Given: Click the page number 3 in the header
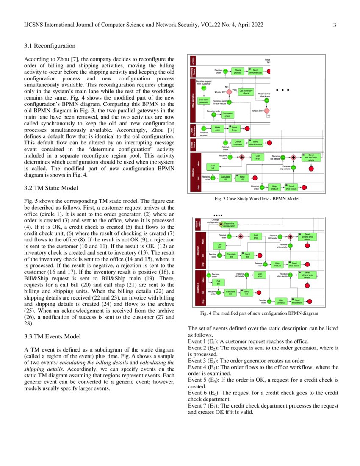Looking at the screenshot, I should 335,25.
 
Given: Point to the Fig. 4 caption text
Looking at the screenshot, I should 258,313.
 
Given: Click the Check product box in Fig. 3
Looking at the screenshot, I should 238,72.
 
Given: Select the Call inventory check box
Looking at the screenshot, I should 246,91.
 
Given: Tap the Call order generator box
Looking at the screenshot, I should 204,101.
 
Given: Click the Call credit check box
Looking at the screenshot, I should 229,115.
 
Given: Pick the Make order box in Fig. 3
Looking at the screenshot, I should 217,128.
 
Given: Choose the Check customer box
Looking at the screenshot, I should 238,143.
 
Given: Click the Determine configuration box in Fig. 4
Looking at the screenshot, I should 229,225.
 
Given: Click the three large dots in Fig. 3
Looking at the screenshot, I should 282,90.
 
